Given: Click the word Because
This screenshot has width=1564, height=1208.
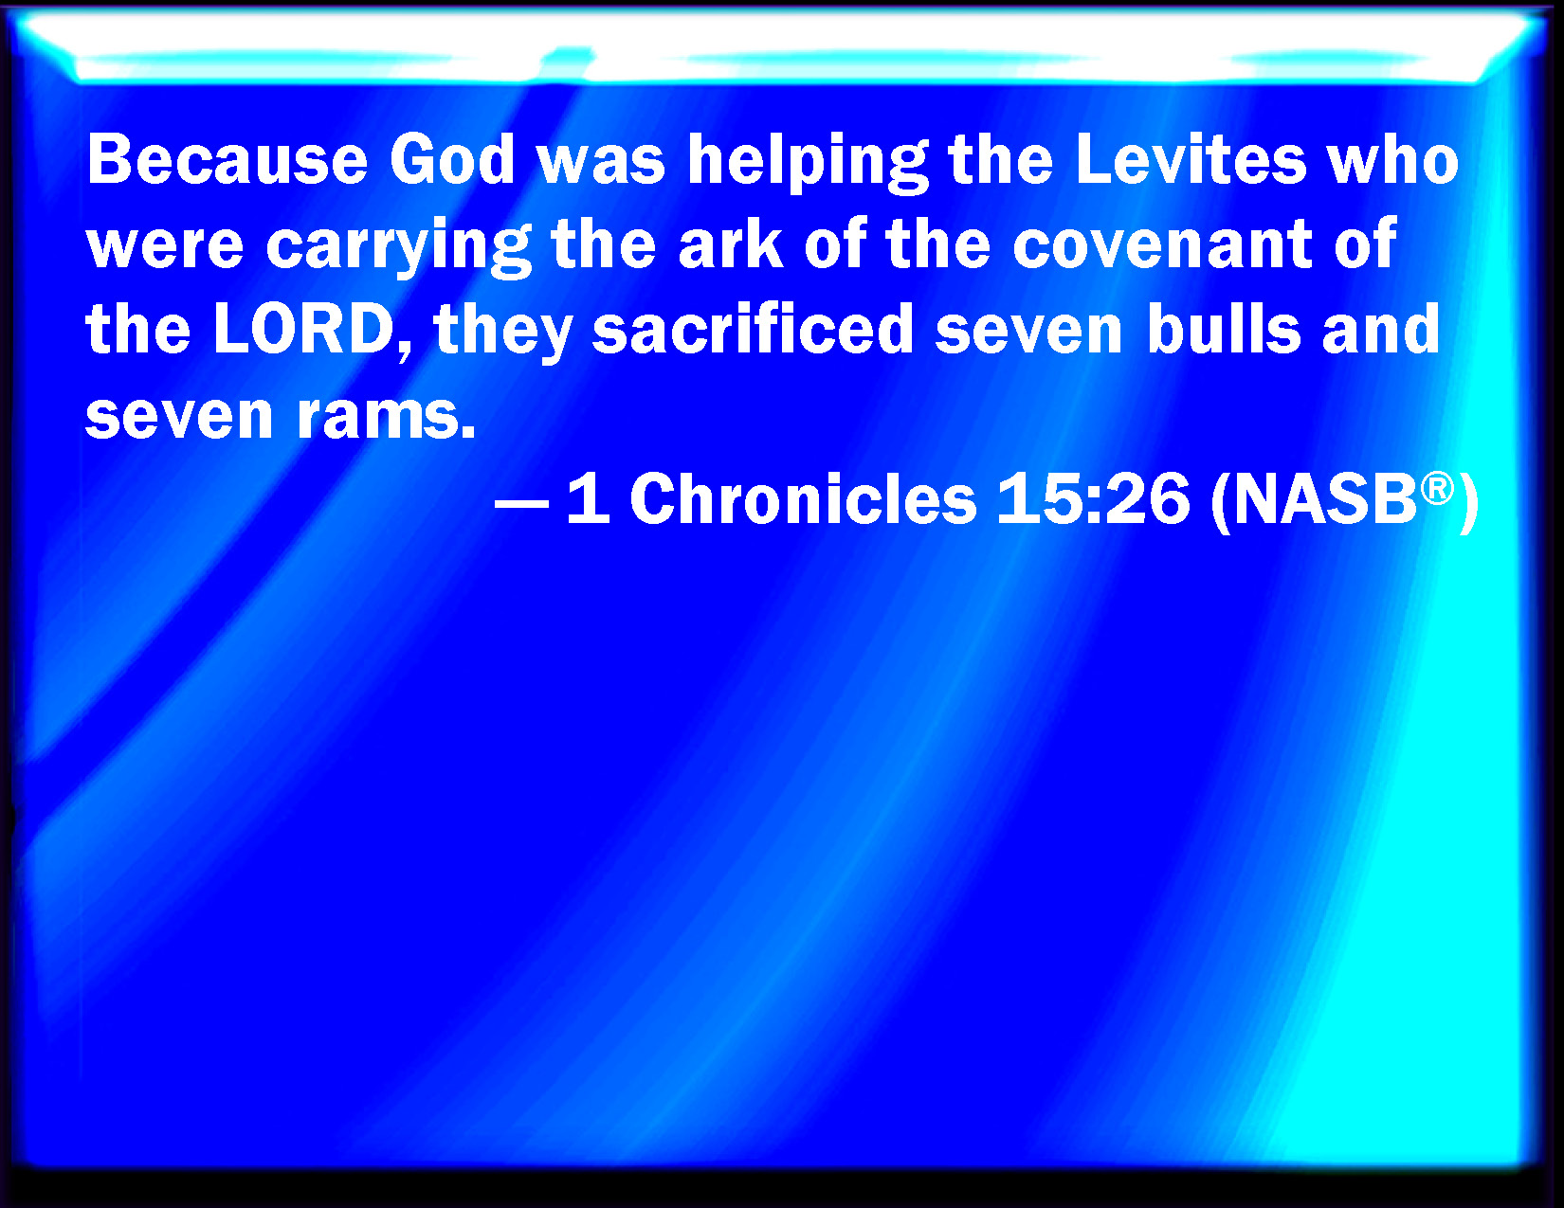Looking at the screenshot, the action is pyautogui.click(x=227, y=159).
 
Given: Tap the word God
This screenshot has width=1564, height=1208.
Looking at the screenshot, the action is pyautogui.click(x=453, y=159).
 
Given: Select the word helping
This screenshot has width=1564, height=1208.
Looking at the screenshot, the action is pyautogui.click(x=809, y=163).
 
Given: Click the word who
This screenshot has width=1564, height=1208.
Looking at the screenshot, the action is pyautogui.click(x=1393, y=159).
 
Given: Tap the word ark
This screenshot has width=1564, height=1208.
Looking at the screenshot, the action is pyautogui.click(x=731, y=243).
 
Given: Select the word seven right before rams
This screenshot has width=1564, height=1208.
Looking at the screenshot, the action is pyautogui.click(x=179, y=417).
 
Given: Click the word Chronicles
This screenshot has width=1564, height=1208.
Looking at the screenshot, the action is pyautogui.click(x=803, y=498).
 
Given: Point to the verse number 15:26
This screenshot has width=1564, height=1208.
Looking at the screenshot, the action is pyautogui.click(x=1093, y=498).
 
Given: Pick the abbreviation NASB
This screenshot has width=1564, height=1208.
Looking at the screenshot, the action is pyautogui.click(x=1325, y=498).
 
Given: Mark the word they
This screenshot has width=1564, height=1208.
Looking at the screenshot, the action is pyautogui.click(x=503, y=332).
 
